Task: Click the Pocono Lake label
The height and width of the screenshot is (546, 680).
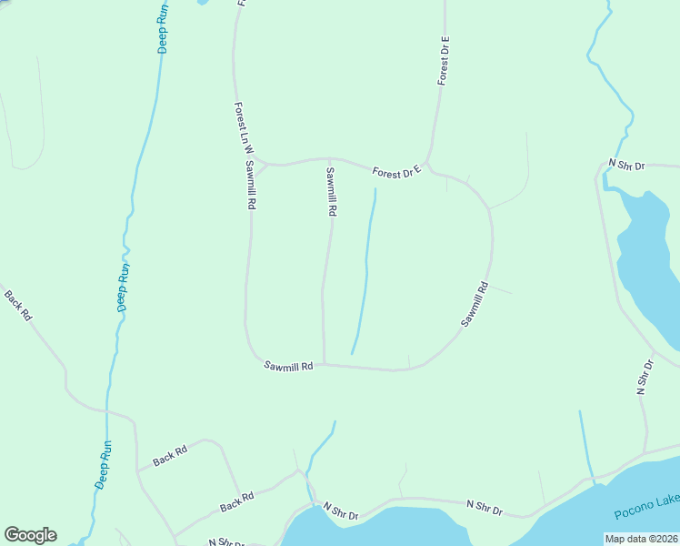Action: click(x=646, y=501)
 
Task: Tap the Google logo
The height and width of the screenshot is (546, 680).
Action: click(x=30, y=535)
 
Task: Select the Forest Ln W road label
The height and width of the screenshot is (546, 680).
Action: click(x=242, y=126)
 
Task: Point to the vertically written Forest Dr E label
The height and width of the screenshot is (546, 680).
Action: click(x=445, y=61)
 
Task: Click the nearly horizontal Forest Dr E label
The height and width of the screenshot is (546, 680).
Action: click(x=398, y=171)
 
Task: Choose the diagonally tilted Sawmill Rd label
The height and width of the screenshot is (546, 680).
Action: click(x=475, y=304)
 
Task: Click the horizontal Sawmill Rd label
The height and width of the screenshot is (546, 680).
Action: click(x=288, y=366)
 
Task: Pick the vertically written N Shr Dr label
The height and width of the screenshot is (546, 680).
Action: click(x=645, y=377)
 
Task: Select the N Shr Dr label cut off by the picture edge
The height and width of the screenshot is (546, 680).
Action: click(x=225, y=542)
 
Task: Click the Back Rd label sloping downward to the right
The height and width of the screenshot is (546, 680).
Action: click(x=18, y=305)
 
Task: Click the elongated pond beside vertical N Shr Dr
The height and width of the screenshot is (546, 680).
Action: click(x=648, y=264)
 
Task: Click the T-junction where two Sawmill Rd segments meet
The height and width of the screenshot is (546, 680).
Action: click(x=325, y=365)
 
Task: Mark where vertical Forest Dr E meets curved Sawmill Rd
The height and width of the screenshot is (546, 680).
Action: click(x=428, y=165)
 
